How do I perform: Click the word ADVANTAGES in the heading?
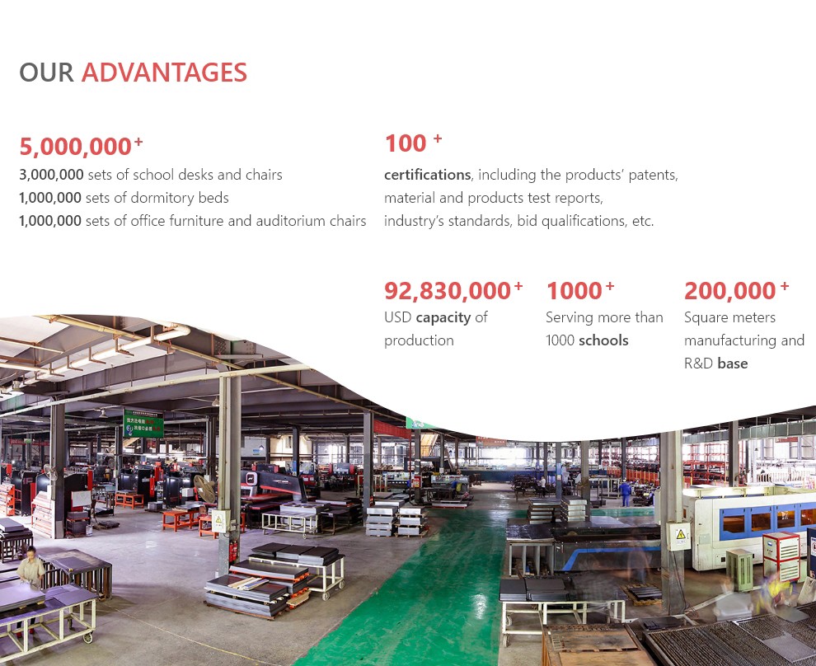click(x=164, y=73)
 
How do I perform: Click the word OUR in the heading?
click(x=46, y=73)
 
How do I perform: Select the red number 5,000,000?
click(x=76, y=147)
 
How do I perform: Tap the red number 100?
click(x=406, y=143)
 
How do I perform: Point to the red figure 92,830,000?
click(x=448, y=291)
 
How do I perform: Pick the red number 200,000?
click(x=730, y=291)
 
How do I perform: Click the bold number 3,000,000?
click(x=52, y=175)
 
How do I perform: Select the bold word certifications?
click(x=427, y=175)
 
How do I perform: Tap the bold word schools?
click(x=603, y=340)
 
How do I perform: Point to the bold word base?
click(x=733, y=363)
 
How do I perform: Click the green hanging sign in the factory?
click(x=143, y=424)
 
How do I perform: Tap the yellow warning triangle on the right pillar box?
click(x=681, y=534)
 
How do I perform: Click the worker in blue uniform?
click(x=625, y=493)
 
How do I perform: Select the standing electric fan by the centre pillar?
click(x=205, y=492)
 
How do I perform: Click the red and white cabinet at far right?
click(x=781, y=556)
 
